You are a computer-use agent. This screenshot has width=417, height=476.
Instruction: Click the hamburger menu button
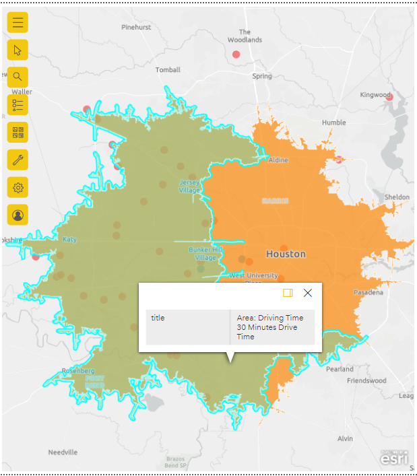coord(18,22)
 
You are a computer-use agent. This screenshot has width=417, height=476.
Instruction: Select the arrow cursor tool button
coord(18,50)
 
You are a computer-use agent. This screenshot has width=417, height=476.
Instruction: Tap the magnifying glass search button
coord(18,77)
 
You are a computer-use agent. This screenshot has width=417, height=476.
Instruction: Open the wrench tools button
coord(18,160)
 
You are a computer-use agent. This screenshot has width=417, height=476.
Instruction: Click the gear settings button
coord(18,187)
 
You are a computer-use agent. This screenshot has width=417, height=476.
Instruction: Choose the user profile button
coord(18,215)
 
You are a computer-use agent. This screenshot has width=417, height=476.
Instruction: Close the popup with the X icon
coord(308,293)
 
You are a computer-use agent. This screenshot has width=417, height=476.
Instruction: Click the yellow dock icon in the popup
coord(288,293)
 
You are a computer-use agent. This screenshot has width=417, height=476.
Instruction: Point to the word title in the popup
coord(158,318)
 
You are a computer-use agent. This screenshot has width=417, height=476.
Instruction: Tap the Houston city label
coord(286,254)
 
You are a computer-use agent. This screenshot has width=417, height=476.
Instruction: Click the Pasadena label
coord(368,292)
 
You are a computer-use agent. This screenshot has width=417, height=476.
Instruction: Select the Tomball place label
coord(168,70)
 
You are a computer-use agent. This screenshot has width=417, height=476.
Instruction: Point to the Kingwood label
coord(375,95)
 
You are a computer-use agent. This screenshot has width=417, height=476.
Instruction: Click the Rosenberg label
coord(78,371)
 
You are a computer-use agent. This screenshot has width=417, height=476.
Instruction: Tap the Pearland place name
coord(340,369)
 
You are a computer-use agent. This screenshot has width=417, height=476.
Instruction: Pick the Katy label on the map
coord(69,239)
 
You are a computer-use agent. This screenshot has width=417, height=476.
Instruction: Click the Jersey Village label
coord(189,186)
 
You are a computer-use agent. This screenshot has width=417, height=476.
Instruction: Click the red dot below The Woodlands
coord(236,54)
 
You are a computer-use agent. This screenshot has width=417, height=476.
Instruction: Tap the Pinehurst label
coord(137,28)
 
